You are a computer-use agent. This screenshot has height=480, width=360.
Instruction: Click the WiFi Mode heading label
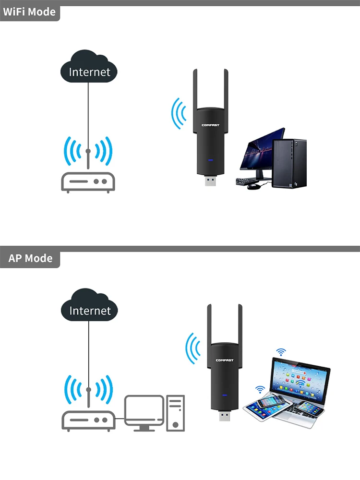[29, 12]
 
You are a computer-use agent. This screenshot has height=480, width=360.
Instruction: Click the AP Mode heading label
[30, 258]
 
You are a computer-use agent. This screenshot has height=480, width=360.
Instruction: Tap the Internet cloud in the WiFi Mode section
[89, 72]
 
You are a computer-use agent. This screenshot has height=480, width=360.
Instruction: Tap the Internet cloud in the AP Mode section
[89, 310]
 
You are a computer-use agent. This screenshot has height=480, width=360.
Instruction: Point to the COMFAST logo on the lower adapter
[224, 360]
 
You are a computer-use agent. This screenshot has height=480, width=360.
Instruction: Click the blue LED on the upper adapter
[209, 161]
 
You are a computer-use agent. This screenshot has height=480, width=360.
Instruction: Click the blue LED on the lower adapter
[224, 396]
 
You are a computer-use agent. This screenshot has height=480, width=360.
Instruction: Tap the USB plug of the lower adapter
[224, 417]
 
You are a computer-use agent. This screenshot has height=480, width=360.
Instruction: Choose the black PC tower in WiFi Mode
[289, 163]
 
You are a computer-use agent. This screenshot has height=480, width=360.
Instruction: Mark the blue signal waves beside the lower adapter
[193, 349]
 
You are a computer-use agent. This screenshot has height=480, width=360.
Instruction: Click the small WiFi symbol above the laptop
[280, 353]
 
